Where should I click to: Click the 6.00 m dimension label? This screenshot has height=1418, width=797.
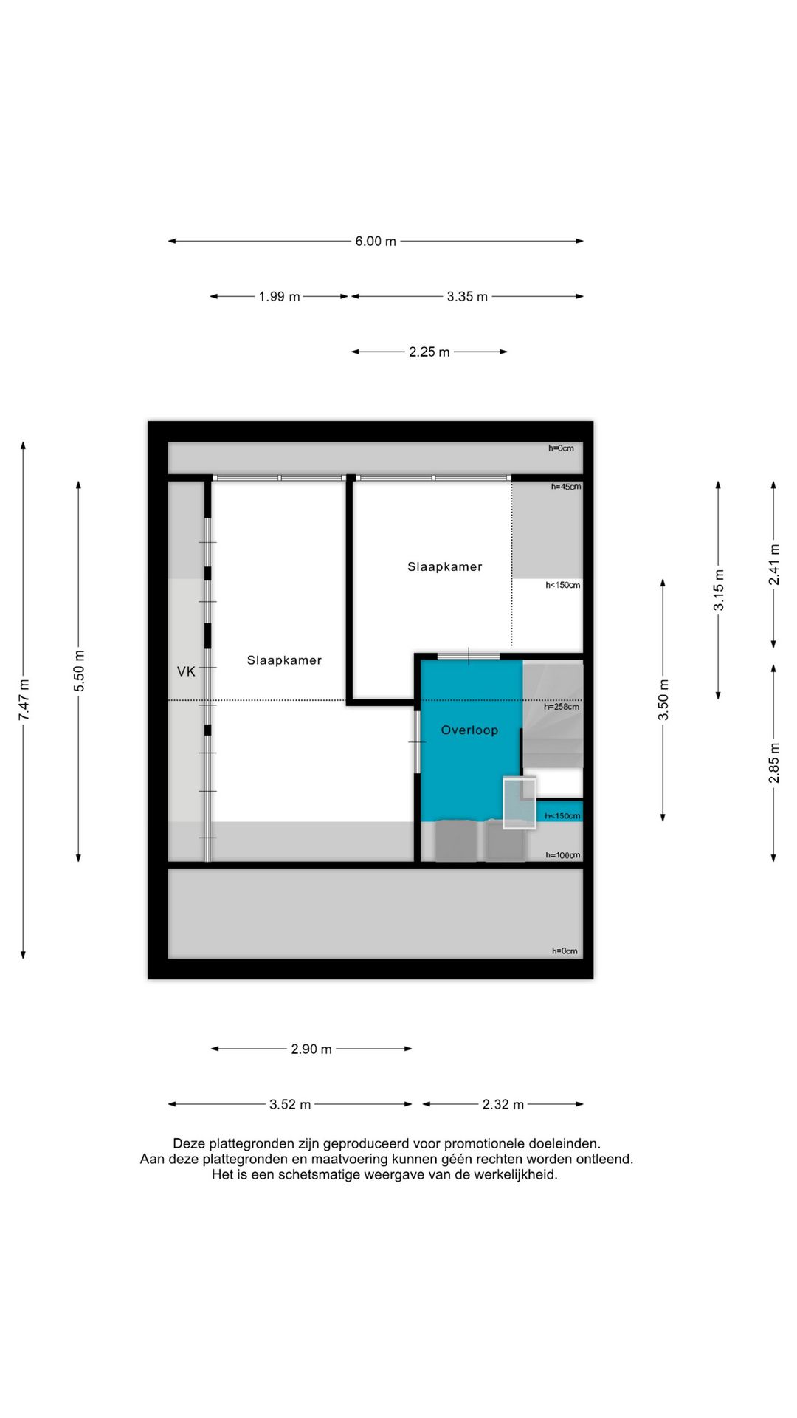click(x=376, y=242)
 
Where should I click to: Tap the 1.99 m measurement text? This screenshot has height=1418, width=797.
click(x=279, y=297)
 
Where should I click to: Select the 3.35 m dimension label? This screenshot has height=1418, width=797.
click(x=467, y=297)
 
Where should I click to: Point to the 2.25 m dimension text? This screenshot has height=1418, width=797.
click(x=429, y=352)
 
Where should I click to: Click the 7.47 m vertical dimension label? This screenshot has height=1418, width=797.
click(x=24, y=700)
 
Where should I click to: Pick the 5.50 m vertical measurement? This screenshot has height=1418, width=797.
click(x=79, y=671)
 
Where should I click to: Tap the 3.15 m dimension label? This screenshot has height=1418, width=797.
click(x=718, y=590)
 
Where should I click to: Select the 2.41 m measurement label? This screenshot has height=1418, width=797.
click(x=773, y=565)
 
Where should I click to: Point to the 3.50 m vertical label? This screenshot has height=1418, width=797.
click(x=663, y=700)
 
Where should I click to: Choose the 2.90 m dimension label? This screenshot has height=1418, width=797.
click(x=311, y=1049)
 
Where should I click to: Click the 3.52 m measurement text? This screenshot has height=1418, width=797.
click(x=290, y=1105)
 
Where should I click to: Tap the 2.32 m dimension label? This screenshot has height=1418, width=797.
click(x=503, y=1105)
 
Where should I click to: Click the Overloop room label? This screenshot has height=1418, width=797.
click(x=469, y=730)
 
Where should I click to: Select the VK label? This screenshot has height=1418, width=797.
click(x=186, y=671)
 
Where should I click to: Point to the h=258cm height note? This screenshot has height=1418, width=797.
click(x=562, y=707)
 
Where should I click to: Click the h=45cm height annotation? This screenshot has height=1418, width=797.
click(x=566, y=487)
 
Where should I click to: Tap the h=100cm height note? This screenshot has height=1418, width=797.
click(x=563, y=855)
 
